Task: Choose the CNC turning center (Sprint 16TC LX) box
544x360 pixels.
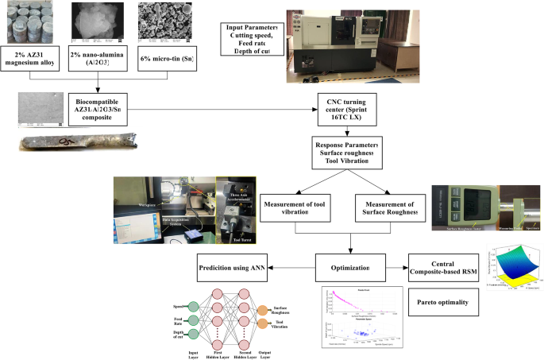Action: tap(347, 109)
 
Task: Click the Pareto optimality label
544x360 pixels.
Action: tap(447, 302)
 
